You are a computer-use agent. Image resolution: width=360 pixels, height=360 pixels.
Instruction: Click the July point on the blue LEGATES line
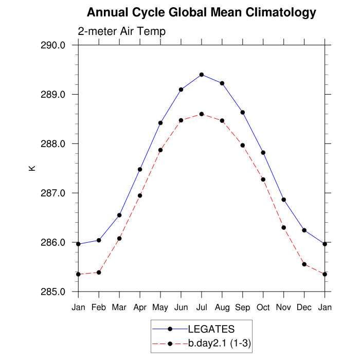tap(202, 75)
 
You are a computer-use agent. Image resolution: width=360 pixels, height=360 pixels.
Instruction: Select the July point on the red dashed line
tap(202, 114)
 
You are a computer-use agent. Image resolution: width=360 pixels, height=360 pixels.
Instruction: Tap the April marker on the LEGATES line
tap(140, 169)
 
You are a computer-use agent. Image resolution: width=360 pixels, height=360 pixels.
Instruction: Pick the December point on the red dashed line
tap(304, 264)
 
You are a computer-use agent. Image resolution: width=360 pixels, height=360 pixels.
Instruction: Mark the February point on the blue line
tap(99, 240)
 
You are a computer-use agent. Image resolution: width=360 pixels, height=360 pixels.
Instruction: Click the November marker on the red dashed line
tap(284, 227)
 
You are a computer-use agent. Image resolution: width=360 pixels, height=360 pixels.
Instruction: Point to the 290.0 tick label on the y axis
tap(53, 45)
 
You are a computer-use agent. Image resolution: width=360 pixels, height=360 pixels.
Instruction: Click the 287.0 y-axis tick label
tap(53, 193)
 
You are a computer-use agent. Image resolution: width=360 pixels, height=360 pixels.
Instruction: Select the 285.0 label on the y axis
tap(53, 292)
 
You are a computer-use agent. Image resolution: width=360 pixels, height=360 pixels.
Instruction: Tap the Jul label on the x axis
tap(202, 308)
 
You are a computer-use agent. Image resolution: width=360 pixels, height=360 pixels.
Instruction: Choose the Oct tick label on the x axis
tap(263, 308)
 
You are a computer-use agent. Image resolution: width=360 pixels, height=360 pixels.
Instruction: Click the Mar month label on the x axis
tap(119, 308)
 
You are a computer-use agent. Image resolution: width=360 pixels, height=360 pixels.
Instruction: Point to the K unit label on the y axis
tap(31, 168)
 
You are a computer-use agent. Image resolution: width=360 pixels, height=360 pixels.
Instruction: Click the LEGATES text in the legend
tap(211, 329)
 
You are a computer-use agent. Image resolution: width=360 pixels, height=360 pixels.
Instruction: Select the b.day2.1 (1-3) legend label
tap(220, 343)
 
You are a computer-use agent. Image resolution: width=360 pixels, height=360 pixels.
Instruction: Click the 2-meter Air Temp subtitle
tap(121, 31)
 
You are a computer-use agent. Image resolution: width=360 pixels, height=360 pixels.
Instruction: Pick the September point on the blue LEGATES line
tap(243, 112)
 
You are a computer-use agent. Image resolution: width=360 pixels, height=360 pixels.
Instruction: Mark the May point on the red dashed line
tap(160, 150)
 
